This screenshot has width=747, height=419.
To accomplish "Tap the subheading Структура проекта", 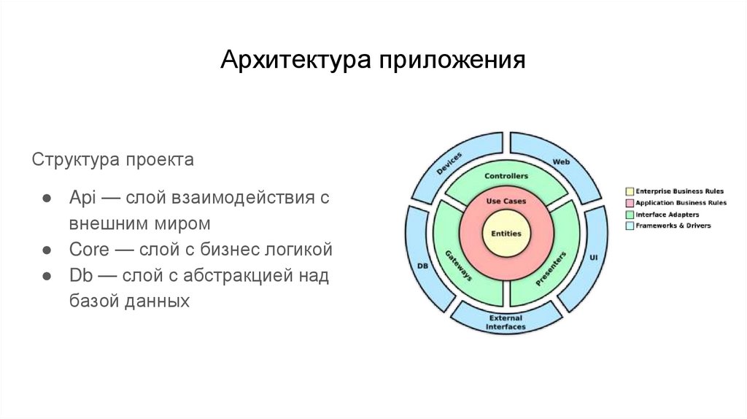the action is pyautogui.click(x=112, y=159).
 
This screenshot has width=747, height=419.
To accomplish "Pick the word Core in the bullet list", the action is pyautogui.click(x=89, y=250).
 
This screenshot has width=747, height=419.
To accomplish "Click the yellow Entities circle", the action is pyautogui.click(x=506, y=233).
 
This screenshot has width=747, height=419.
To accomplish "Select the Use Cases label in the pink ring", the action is pyautogui.click(x=506, y=201).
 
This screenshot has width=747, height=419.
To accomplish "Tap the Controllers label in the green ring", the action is pyautogui.click(x=506, y=176).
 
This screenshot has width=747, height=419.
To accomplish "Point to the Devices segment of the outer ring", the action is pyautogui.click(x=450, y=162).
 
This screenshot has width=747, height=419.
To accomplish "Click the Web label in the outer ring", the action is pyautogui.click(x=560, y=161).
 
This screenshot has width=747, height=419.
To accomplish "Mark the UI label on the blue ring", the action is pyautogui.click(x=593, y=258).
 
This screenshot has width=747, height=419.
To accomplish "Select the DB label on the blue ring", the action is pyautogui.click(x=422, y=266).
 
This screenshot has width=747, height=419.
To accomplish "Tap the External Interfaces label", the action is pyautogui.click(x=506, y=322).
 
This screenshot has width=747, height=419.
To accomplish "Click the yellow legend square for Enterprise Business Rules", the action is pyautogui.click(x=630, y=191).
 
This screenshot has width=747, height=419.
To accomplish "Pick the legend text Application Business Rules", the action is pyautogui.click(x=681, y=203).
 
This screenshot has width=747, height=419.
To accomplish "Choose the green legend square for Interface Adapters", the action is pyautogui.click(x=630, y=215).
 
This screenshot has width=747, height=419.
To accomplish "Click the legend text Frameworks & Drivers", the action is pyautogui.click(x=673, y=226).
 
